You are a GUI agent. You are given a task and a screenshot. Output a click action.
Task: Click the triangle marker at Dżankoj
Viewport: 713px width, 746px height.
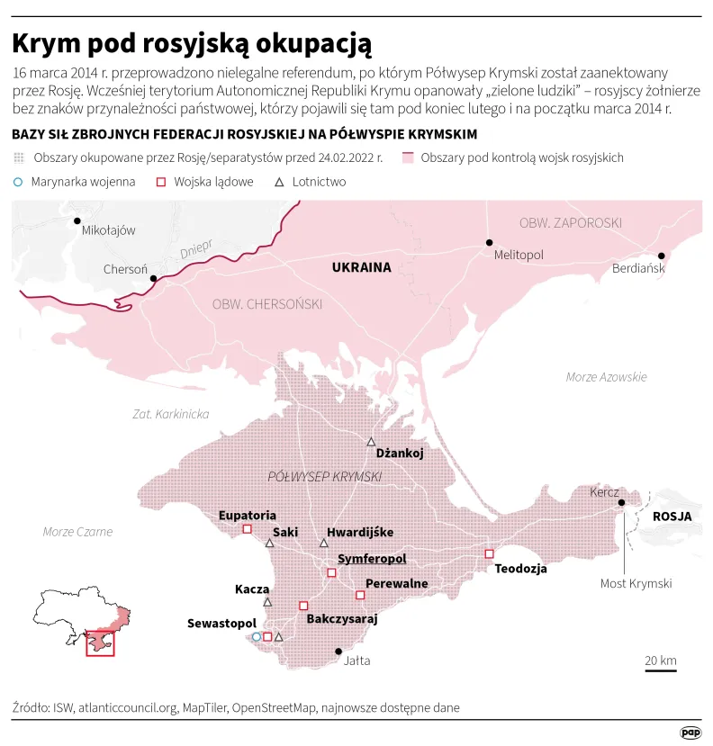(371, 442)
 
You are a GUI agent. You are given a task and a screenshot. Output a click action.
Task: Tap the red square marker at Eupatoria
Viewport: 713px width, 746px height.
(247, 529)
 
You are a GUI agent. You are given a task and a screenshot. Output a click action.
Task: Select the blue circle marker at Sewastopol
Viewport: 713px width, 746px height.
(257, 636)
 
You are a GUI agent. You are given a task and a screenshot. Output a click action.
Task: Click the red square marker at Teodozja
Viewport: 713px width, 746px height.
(490, 553)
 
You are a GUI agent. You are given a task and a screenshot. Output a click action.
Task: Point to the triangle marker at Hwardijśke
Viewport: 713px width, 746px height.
(324, 544)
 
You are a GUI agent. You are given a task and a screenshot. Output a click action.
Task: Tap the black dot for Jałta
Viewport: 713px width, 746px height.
(339, 652)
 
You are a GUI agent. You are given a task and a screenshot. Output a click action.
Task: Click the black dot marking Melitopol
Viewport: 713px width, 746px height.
(490, 242)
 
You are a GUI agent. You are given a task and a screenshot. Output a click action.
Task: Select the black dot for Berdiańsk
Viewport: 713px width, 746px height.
(661, 255)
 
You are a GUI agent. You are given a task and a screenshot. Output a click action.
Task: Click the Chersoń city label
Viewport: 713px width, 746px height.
(125, 269)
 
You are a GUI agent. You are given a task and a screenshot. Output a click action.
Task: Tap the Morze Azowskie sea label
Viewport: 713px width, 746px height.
(606, 377)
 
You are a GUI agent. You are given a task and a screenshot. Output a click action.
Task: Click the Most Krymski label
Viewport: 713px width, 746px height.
(636, 584)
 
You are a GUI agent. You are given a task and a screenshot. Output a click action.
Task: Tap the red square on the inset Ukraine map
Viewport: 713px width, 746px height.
(100, 643)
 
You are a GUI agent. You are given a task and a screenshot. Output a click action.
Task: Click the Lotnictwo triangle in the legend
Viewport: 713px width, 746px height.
(279, 182)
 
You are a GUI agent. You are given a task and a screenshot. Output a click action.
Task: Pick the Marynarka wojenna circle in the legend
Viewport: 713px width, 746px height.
(18, 182)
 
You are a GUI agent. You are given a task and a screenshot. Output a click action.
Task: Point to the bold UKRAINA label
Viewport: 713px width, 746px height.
(361, 267)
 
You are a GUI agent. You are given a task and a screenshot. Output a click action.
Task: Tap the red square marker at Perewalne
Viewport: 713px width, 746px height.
(360, 595)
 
